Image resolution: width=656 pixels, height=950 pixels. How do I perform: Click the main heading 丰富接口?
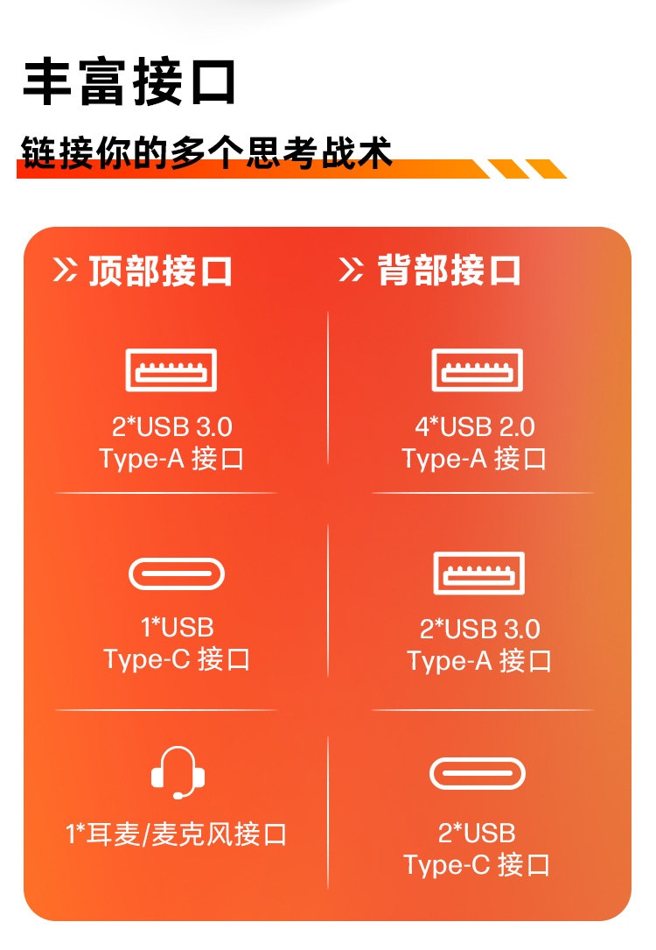tap(129, 82)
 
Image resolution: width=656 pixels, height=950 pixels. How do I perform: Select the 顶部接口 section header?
tap(161, 271)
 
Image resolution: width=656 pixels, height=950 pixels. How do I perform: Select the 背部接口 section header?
tap(450, 271)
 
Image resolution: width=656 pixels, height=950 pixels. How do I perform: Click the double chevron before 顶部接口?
tap(65, 271)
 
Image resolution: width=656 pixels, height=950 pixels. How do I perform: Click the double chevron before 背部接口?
tap(351, 271)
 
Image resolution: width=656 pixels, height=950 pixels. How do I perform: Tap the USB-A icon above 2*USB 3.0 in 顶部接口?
tap(171, 369)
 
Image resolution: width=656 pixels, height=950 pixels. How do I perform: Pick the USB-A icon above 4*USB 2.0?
tap(477, 369)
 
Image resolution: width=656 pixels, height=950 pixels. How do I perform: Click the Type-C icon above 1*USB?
tap(177, 574)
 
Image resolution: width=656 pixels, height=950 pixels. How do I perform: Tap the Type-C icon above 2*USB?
tap(478, 774)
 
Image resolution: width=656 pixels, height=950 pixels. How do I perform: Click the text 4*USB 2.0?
tap(475, 427)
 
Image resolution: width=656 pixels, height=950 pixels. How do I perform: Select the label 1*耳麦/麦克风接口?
tap(177, 834)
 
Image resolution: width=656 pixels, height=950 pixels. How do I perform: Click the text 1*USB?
tap(178, 628)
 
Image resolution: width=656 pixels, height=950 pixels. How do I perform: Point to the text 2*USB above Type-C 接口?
tap(477, 833)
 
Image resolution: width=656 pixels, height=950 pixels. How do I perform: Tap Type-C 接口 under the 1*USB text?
tap(178, 659)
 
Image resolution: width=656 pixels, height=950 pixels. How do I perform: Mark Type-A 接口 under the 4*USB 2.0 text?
tap(475, 459)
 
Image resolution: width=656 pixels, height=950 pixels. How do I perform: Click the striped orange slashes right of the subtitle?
tap(525, 168)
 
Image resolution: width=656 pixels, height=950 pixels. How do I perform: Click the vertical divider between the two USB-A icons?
tap(329, 394)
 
